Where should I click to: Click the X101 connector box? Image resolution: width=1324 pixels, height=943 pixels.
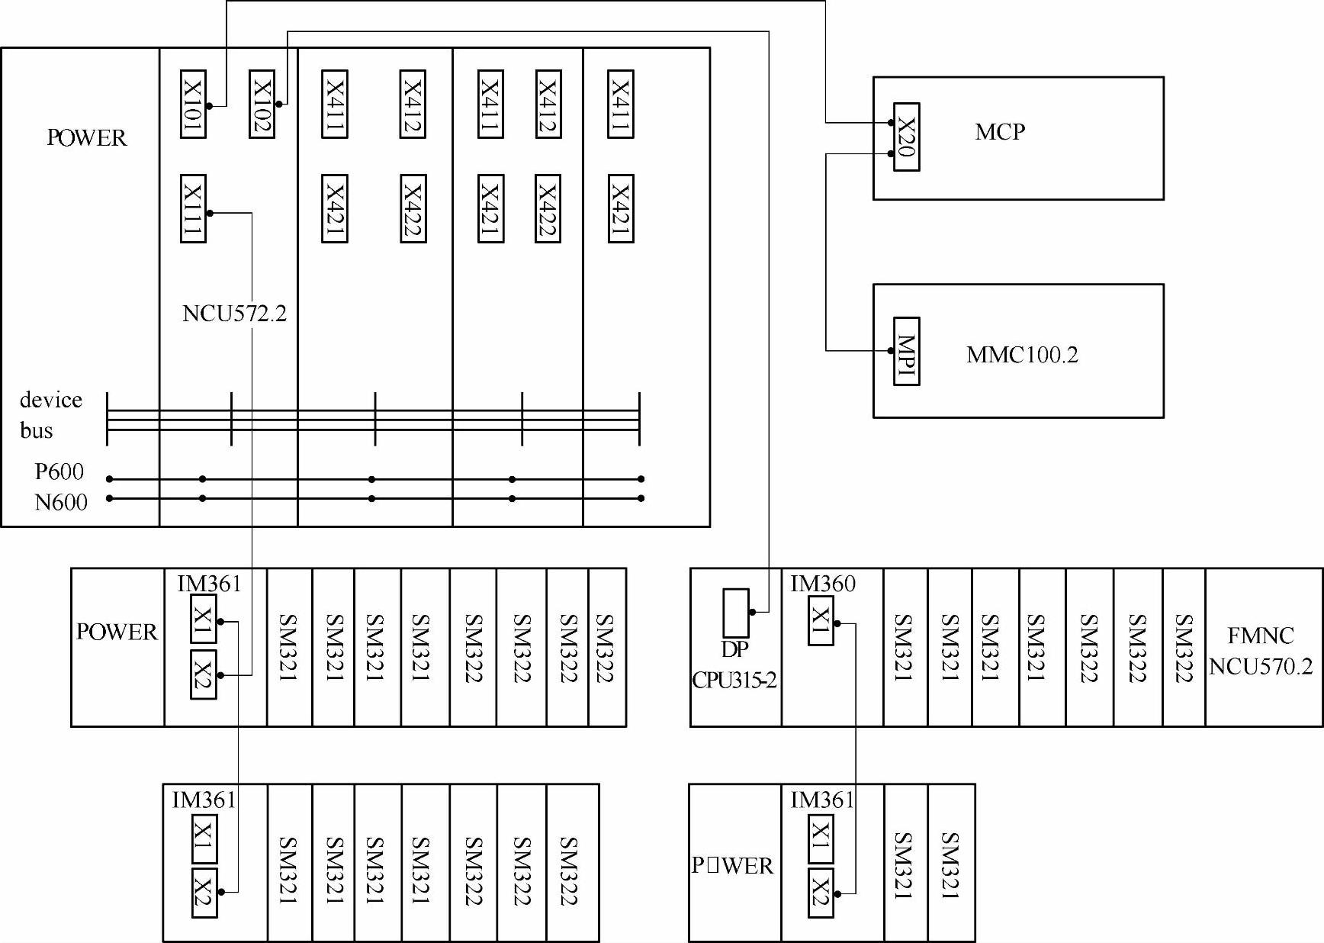193,104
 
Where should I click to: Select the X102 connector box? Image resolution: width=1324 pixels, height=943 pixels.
262,104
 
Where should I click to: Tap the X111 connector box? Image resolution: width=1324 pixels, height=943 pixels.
193,208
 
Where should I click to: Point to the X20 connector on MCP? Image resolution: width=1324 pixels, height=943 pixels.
906,137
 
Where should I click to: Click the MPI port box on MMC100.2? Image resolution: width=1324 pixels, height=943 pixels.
906,351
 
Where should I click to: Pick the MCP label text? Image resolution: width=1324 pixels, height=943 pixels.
999,132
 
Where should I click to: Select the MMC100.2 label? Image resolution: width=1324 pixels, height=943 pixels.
1022,355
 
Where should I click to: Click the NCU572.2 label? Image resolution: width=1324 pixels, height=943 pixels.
234,314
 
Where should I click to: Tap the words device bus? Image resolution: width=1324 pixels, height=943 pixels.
50,415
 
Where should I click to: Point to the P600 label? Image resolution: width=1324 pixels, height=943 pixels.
59,471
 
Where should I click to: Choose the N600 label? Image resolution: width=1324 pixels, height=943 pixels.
61,502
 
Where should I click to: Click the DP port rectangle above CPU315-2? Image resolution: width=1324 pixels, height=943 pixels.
736,613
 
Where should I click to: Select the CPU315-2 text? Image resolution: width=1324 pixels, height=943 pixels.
734,680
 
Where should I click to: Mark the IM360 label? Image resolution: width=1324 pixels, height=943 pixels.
822,584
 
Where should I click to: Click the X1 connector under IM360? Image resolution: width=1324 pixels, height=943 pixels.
821,621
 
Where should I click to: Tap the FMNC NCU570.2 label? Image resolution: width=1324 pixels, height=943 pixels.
1261,651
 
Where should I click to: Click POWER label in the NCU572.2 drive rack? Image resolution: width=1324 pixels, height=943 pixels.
86,138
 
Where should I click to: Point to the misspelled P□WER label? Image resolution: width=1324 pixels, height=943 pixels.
732,865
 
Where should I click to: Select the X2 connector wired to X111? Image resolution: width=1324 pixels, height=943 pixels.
203,674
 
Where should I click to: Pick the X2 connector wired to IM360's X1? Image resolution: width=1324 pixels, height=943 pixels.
821,893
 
